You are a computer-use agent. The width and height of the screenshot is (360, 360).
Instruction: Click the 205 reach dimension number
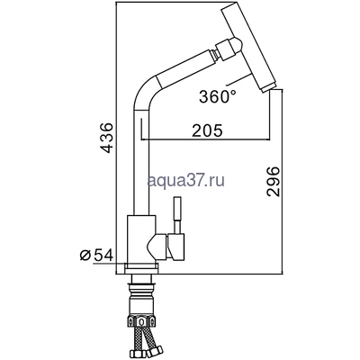tap(206, 129)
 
